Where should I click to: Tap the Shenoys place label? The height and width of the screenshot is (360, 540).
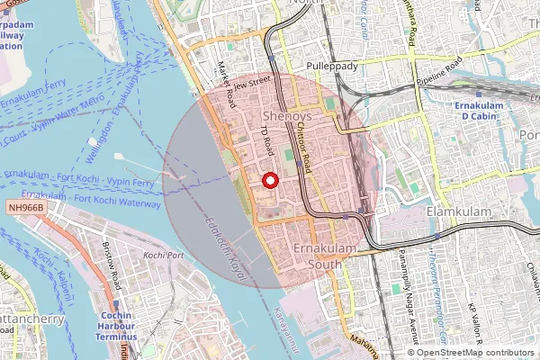[x=287, y=117]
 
